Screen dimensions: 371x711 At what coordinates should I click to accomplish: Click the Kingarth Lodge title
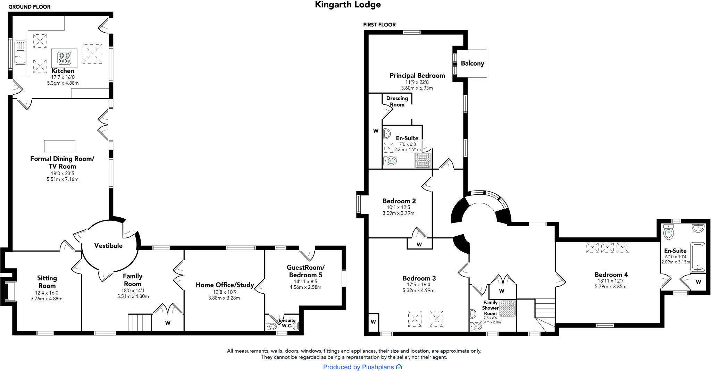(x=348, y=5)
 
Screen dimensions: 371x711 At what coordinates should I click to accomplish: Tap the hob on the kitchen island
(x=64, y=58)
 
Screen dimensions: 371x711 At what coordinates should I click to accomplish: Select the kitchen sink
(x=20, y=57)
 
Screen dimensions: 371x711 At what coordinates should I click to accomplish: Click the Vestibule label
(x=108, y=246)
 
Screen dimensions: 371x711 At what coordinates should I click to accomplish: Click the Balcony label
(x=472, y=64)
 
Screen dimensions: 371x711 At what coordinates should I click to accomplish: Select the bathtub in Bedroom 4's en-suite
(x=697, y=257)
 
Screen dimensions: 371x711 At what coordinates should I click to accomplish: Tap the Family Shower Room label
(x=490, y=308)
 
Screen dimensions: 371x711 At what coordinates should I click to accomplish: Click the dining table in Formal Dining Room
(x=60, y=146)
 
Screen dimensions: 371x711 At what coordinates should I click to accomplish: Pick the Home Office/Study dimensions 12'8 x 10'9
(x=224, y=292)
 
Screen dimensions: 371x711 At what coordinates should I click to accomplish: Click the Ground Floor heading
(x=29, y=7)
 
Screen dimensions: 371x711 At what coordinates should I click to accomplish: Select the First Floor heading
(x=379, y=25)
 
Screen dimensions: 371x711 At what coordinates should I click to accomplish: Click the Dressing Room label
(x=397, y=101)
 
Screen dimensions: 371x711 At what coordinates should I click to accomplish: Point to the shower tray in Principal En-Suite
(x=423, y=160)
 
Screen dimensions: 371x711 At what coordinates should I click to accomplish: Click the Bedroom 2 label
(x=399, y=201)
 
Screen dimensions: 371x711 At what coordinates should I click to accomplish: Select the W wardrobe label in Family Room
(x=168, y=323)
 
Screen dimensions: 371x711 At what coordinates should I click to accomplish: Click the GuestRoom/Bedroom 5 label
(x=306, y=271)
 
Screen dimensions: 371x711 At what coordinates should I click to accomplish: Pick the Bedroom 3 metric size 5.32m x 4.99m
(x=418, y=290)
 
